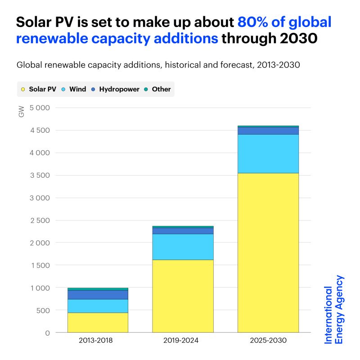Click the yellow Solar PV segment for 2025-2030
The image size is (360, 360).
point(268,252)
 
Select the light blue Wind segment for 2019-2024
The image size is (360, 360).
point(183,247)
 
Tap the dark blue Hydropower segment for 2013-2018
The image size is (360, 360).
point(97,295)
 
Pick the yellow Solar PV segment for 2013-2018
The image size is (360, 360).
point(97,322)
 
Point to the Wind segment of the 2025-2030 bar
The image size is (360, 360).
point(268,153)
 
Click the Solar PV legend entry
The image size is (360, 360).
point(41,89)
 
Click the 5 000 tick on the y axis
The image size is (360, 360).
point(40,108)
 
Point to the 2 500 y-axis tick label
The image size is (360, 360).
point(40,220)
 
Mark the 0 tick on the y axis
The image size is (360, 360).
point(47,333)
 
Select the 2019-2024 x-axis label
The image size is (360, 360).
point(183,341)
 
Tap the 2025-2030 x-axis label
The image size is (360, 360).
point(268,341)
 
